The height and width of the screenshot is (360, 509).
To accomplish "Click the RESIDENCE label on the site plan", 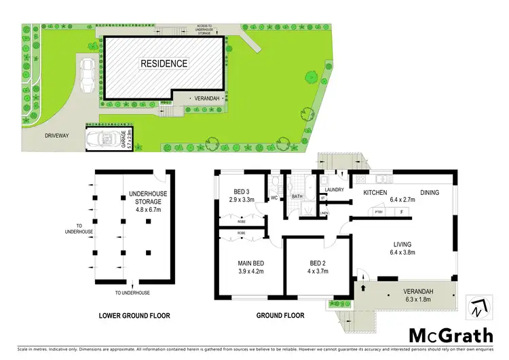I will [x=164, y=63].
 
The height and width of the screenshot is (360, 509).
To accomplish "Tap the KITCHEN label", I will [x=375, y=193].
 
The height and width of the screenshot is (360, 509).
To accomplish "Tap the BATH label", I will [x=297, y=197].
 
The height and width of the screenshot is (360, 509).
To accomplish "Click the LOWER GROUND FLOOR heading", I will [x=134, y=315].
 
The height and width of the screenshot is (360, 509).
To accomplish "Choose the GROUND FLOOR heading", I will [x=280, y=315].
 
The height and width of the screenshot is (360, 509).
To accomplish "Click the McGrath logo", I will [x=449, y=334].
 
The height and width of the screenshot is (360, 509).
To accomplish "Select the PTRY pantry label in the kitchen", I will [x=379, y=212].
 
